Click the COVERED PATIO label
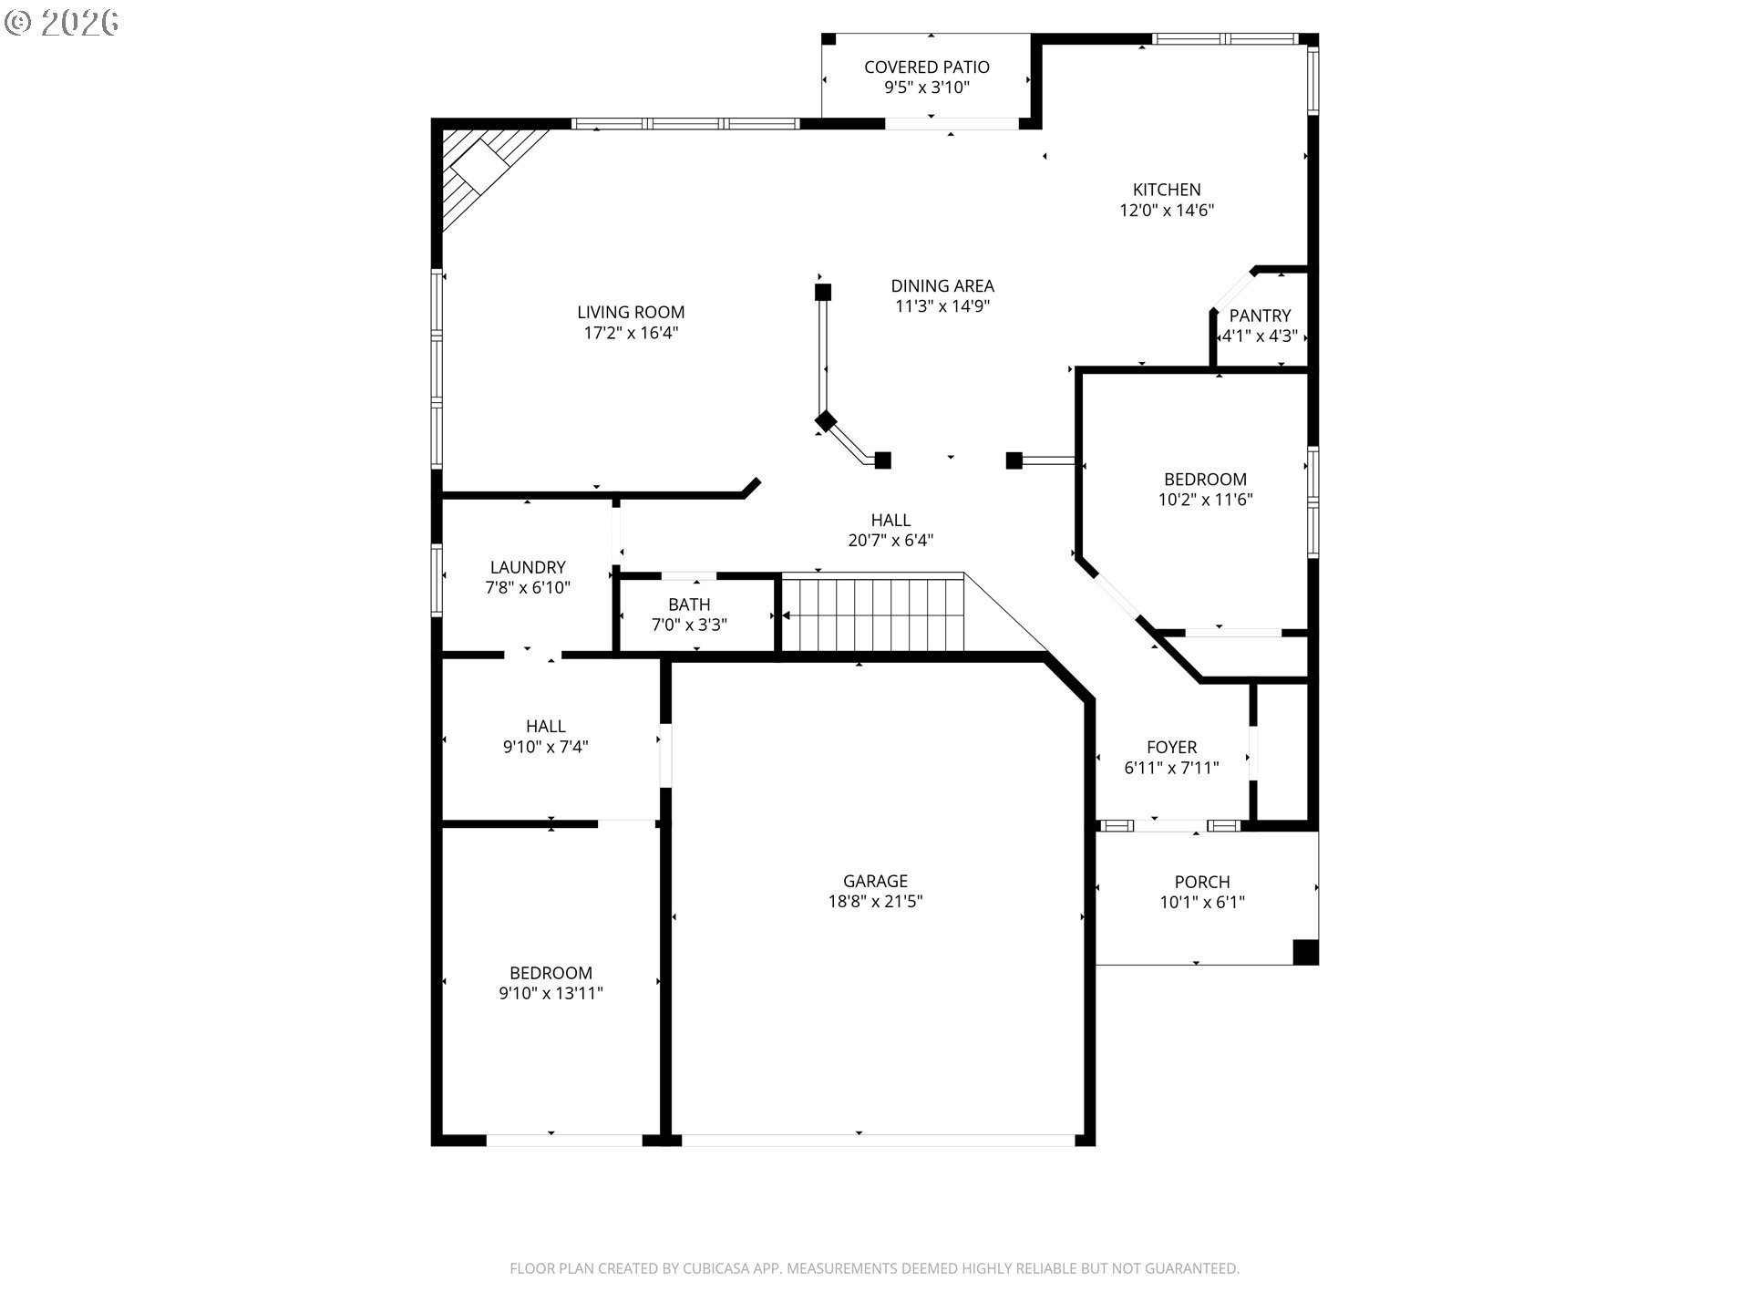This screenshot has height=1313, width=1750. click(926, 67)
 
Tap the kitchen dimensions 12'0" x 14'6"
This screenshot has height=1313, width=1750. click(1167, 211)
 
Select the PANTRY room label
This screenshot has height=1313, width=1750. click(1260, 315)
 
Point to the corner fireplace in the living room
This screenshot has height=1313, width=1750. click(483, 173)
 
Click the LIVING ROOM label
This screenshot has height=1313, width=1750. click(631, 312)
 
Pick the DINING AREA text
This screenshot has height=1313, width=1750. click(942, 286)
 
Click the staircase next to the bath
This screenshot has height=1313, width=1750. click(873, 613)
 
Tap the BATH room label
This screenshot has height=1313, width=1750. click(689, 605)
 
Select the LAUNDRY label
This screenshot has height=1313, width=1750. click(528, 567)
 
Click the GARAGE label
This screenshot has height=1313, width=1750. click(875, 881)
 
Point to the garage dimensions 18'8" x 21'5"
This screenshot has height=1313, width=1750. click(875, 902)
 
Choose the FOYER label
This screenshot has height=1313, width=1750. click(1171, 748)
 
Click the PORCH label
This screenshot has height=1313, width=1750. click(1202, 882)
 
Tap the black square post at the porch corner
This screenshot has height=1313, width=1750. click(1306, 952)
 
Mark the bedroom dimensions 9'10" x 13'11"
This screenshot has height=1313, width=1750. click(551, 994)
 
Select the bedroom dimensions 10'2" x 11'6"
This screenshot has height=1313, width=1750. click(1206, 500)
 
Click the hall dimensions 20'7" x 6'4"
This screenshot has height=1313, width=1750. click(890, 541)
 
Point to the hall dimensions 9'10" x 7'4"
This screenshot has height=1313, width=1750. click(546, 747)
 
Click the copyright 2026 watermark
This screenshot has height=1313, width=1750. click(61, 23)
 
